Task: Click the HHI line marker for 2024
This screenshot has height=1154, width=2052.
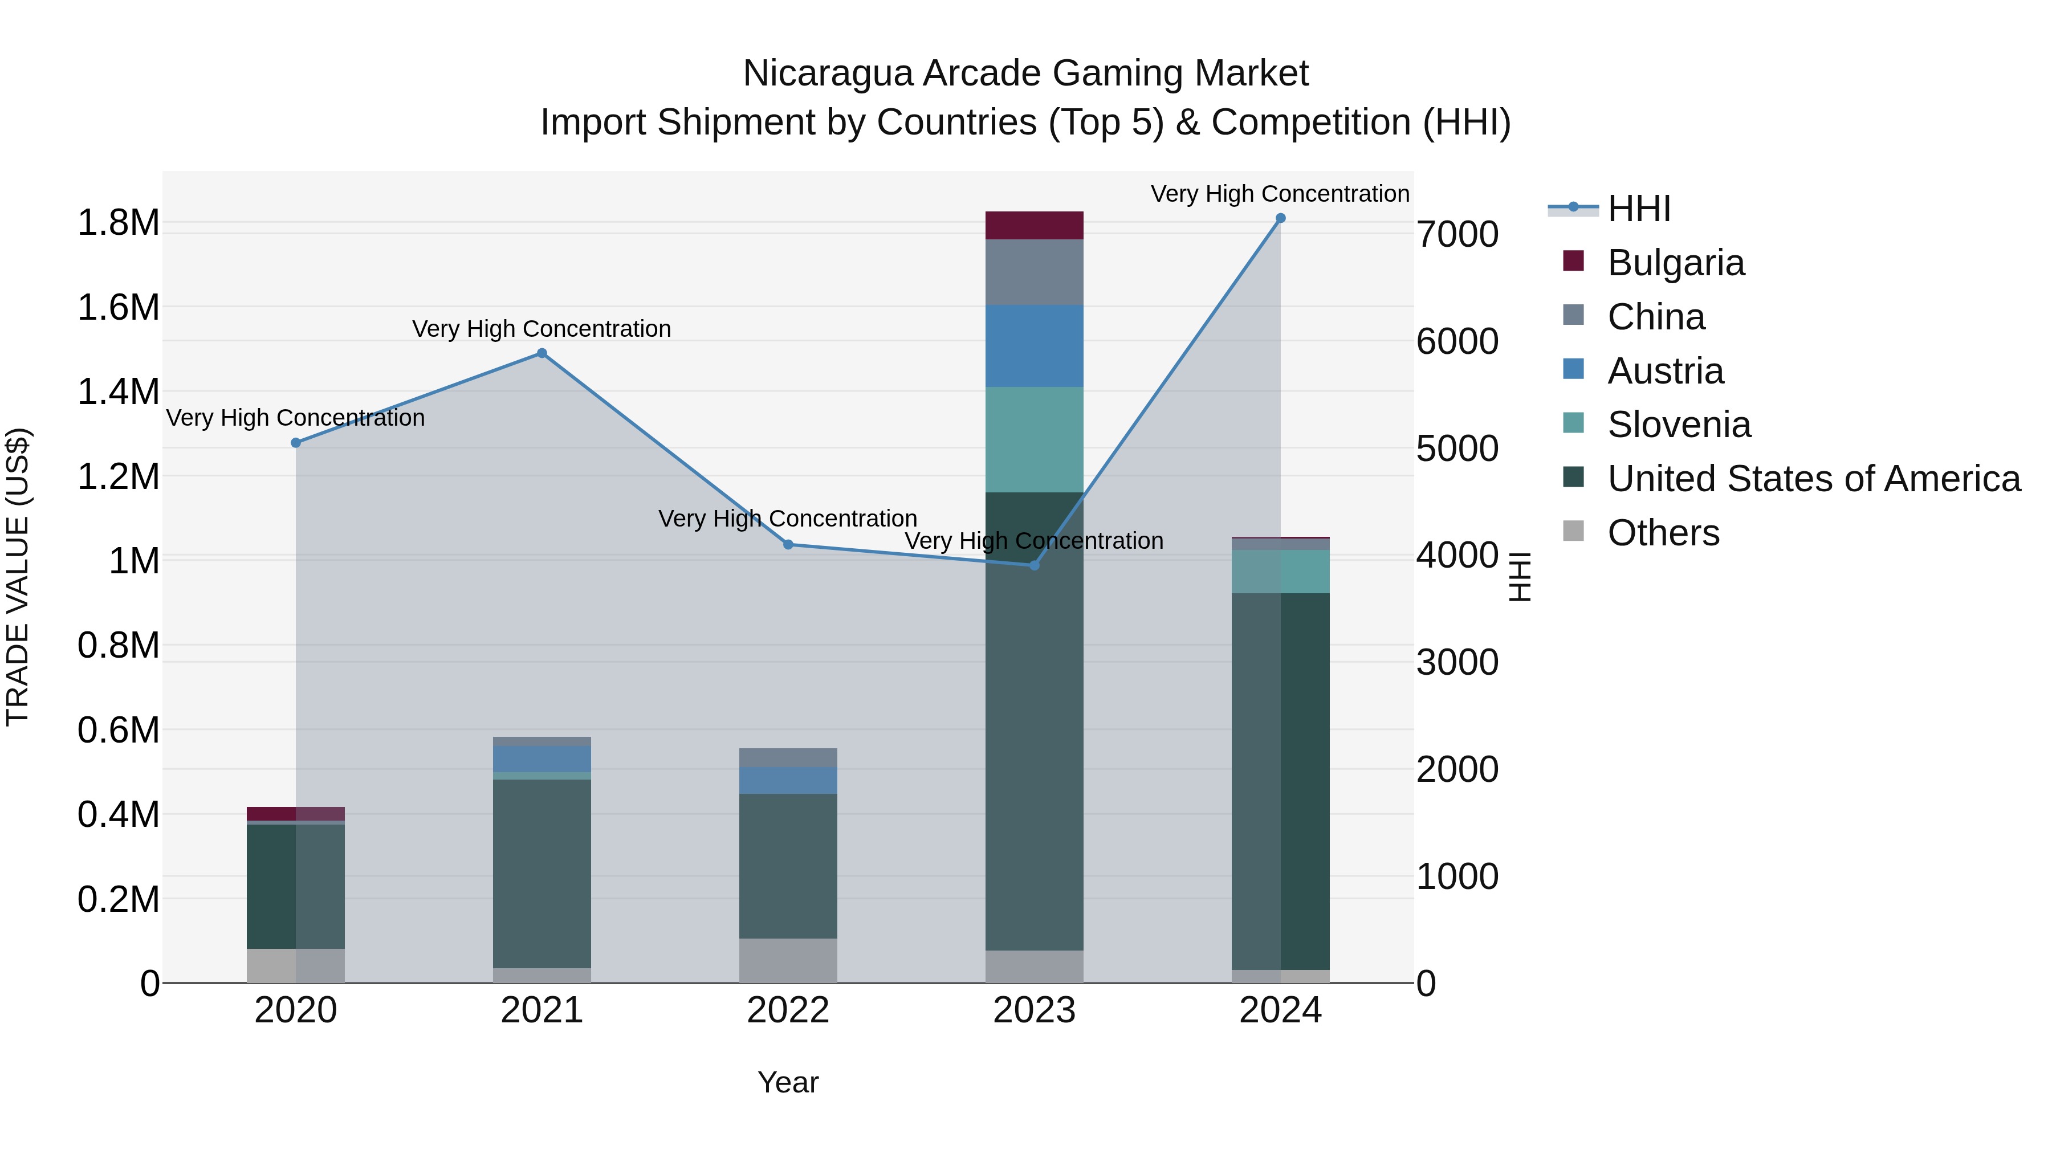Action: pos(1280,218)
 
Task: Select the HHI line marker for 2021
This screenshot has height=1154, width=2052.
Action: pos(541,353)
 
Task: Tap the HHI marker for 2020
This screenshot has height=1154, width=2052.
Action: pos(295,443)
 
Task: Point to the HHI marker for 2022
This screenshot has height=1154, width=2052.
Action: pos(788,545)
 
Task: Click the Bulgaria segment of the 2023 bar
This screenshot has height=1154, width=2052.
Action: pos(1034,225)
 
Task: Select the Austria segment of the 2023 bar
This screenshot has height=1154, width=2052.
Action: pos(1034,346)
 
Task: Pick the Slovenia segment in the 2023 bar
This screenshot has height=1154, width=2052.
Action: pos(1034,439)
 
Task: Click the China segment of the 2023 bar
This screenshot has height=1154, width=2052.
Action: pos(1034,272)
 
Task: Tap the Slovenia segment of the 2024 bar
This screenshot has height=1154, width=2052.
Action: pos(1280,572)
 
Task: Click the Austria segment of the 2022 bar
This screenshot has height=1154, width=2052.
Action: pos(788,781)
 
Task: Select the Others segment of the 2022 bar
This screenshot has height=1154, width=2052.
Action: pos(788,960)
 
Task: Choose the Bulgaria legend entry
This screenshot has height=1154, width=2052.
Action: pos(1675,263)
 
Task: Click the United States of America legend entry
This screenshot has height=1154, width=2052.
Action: pos(1813,479)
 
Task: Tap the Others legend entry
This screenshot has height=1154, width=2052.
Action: pos(1663,533)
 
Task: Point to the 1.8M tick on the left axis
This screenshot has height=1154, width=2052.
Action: pos(118,223)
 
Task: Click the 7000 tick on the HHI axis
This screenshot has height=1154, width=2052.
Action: pos(1457,235)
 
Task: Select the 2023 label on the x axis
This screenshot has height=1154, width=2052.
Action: pos(1034,1010)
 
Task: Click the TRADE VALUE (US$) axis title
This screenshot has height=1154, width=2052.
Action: pos(18,577)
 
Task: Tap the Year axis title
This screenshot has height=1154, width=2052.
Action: pos(788,1082)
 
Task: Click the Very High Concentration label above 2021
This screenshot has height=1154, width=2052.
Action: pos(541,329)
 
